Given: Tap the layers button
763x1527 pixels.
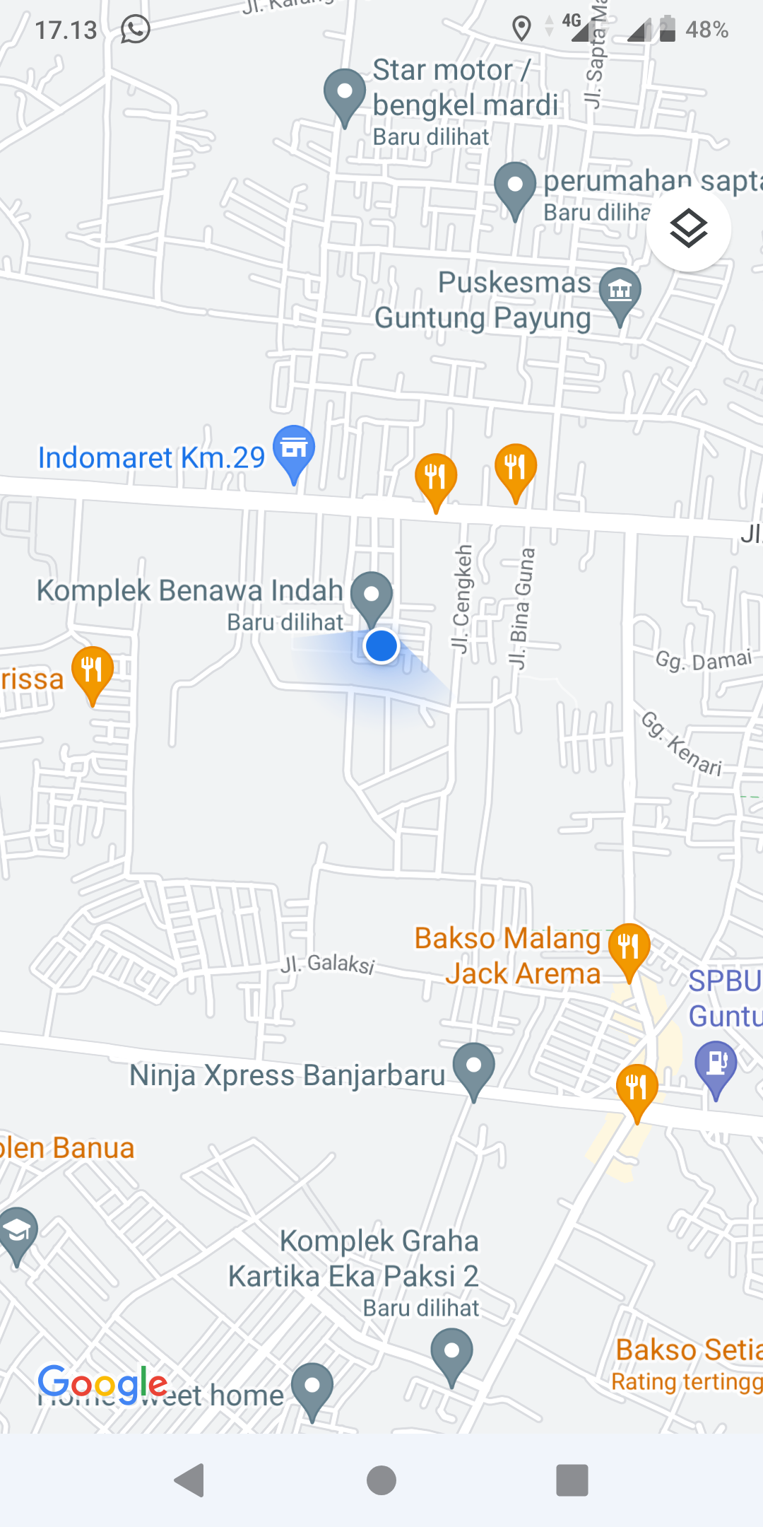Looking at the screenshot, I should coord(688,228).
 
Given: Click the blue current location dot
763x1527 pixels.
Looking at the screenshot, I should coord(381,645).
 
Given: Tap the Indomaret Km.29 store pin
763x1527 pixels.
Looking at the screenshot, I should coord(294,450).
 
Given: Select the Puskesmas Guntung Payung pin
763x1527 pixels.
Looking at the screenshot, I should coord(620,291).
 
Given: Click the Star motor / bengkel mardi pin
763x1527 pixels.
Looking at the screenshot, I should coord(345,93).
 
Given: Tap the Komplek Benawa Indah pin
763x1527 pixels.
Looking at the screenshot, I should coord(372,596).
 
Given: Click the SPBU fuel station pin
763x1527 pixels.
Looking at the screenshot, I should coord(716,1065).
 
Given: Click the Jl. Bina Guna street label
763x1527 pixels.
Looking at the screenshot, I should coord(522,608).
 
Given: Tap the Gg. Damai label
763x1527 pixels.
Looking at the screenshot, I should coord(703,660).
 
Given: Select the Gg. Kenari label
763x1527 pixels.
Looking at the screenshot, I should coord(682,744).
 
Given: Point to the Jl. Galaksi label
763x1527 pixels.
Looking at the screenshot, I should coord(328,963).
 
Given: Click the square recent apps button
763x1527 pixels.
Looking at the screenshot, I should coord(572,1480).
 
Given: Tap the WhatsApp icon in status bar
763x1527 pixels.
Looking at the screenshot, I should coord(135,30).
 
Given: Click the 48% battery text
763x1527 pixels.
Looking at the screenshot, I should coord(706,30).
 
